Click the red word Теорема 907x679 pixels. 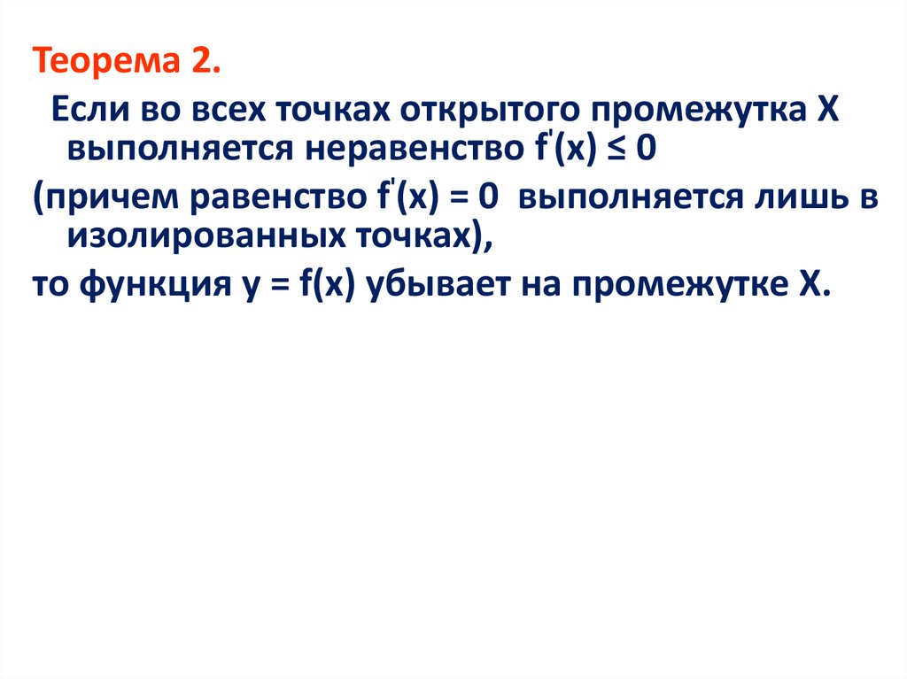pyautogui.click(x=100, y=65)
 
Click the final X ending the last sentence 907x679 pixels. pyautogui.click(x=816, y=286)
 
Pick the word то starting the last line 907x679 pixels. pyautogui.click(x=50, y=286)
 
